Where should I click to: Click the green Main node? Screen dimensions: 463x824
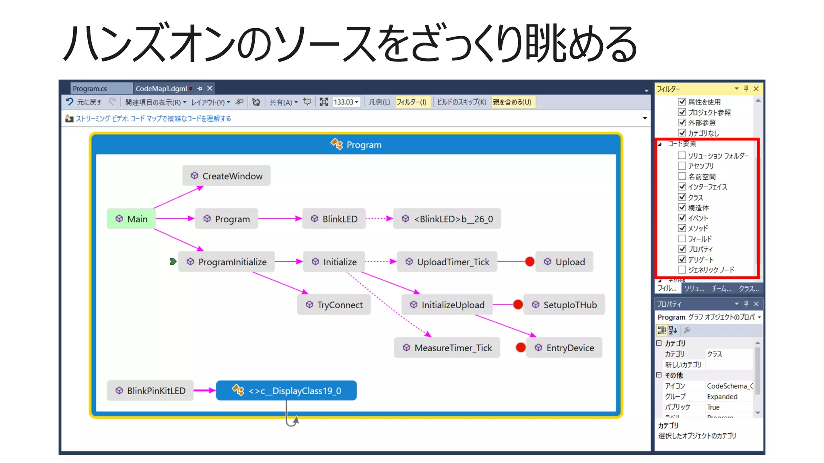point(131,219)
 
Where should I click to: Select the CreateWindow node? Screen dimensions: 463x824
point(226,176)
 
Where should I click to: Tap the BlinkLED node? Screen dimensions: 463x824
point(334,219)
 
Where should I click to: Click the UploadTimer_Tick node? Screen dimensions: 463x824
point(447,262)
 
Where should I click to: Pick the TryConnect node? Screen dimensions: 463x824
point(334,305)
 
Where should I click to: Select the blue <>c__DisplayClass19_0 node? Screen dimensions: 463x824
point(286,390)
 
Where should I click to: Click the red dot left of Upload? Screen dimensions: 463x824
point(529,262)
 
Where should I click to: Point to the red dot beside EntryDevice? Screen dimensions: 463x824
point(521,347)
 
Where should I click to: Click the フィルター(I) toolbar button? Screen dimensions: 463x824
point(411,102)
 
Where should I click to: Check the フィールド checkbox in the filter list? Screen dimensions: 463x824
point(682,238)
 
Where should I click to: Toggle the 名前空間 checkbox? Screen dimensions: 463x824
point(682,176)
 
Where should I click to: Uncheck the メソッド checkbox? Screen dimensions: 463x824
point(682,228)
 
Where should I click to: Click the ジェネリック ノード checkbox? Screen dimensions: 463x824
point(682,270)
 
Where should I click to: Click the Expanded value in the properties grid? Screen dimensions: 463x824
point(722,397)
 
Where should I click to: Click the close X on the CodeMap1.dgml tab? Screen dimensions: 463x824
point(210,88)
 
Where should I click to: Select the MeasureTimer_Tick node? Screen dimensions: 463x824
point(447,348)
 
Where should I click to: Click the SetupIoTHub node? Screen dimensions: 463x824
point(564,305)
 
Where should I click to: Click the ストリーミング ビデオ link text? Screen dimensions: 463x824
point(153,119)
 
